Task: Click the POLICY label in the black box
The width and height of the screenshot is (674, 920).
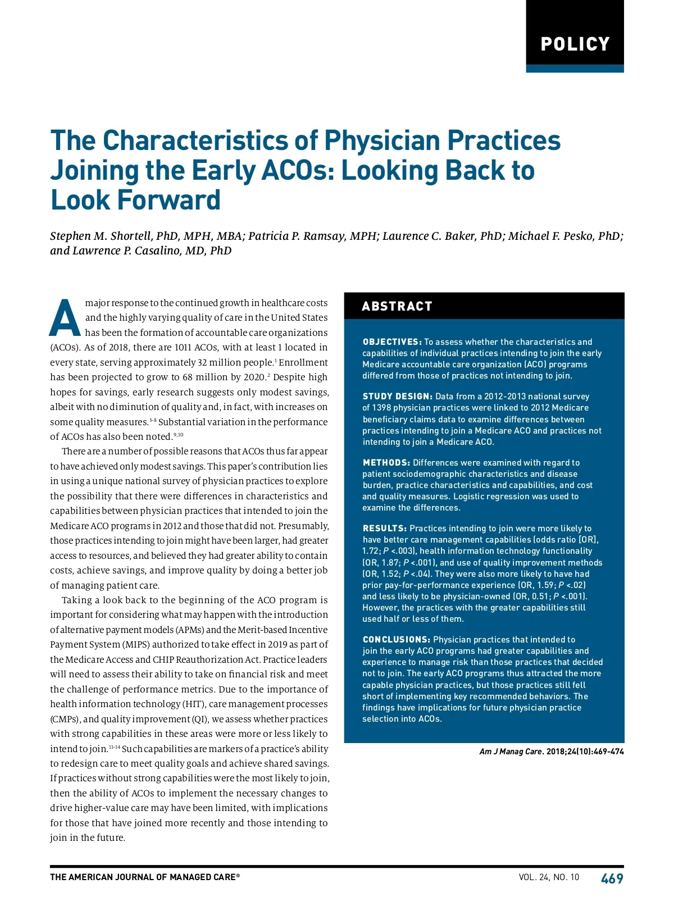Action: tap(575, 44)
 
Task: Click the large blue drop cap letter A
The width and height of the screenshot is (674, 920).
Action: tap(65, 318)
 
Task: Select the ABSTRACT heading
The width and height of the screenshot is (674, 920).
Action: tap(397, 307)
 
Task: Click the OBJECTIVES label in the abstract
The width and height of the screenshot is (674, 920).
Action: tap(391, 342)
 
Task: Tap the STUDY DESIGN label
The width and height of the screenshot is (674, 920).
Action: tap(397, 397)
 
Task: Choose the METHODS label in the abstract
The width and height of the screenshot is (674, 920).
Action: tap(386, 463)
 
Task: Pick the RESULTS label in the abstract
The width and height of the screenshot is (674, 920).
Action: tap(384, 529)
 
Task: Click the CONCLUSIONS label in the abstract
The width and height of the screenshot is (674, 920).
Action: tap(396, 640)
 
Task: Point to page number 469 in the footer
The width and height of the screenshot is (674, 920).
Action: tap(612, 878)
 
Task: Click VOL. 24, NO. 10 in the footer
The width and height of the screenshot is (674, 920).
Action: tap(548, 877)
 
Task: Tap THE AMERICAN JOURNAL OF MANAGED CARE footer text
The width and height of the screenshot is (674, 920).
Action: tap(144, 877)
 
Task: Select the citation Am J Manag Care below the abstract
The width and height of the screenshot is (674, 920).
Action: tap(511, 752)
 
